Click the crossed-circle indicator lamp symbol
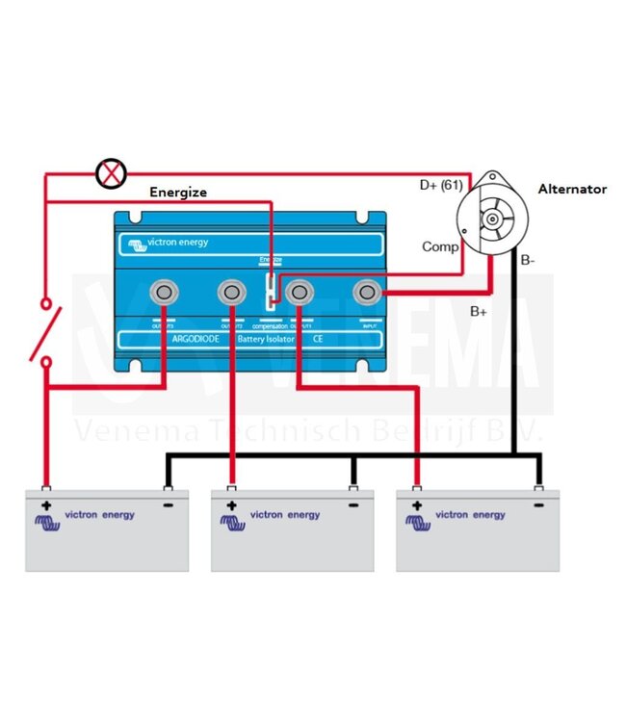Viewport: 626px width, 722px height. coord(113,174)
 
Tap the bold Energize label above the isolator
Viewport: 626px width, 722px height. coord(178,193)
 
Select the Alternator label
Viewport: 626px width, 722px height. coord(572,190)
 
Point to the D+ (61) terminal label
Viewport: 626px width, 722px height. coord(442,184)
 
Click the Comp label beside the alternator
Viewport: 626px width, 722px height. coord(439,247)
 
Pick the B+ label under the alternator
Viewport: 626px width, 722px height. coord(480,311)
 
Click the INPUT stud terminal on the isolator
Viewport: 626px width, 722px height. coord(367,292)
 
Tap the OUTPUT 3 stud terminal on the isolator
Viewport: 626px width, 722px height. coord(165,292)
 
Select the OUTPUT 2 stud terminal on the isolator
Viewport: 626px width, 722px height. coord(232,292)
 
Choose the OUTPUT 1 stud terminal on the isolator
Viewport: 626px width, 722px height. coord(300,292)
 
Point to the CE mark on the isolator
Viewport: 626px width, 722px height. coord(319,340)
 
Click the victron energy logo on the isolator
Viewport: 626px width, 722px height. coord(169,243)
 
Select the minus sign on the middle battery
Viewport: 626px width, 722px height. coord(353,503)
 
